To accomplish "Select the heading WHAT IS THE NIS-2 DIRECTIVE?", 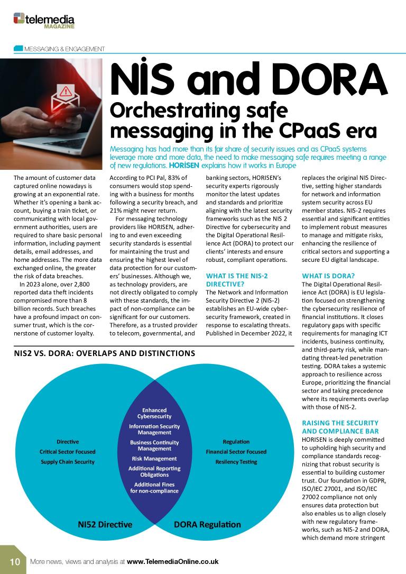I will tap(238, 280).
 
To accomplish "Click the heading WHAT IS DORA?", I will tap(328, 276).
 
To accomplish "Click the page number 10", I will tap(14, 561).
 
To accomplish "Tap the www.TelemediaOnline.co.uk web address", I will tap(172, 561).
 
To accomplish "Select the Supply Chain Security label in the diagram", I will tap(68, 462).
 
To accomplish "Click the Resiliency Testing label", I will tap(236, 462).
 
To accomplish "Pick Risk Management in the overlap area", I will tap(154, 459).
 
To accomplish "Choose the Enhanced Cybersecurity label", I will tap(154, 413).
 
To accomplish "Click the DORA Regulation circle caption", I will tap(207, 525).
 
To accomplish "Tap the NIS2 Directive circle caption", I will tap(105, 525).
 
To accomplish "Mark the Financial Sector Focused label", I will tap(236, 452).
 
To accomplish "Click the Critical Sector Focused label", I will tap(68, 452).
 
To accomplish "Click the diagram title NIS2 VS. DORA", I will tap(105, 353).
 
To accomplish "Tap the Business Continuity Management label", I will tap(154, 445).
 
